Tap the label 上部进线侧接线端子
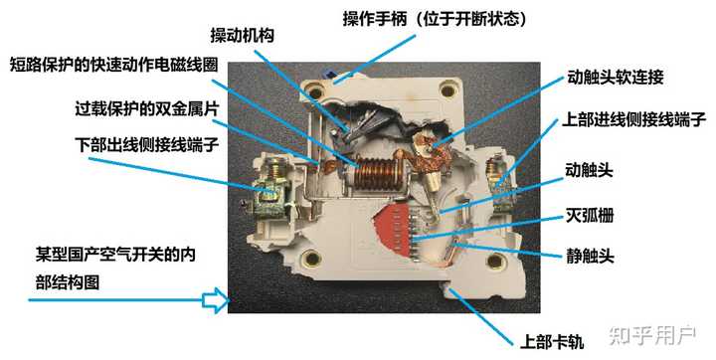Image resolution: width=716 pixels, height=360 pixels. pos(633,121)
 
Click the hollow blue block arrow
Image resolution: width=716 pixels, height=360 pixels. pos(214,300)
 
